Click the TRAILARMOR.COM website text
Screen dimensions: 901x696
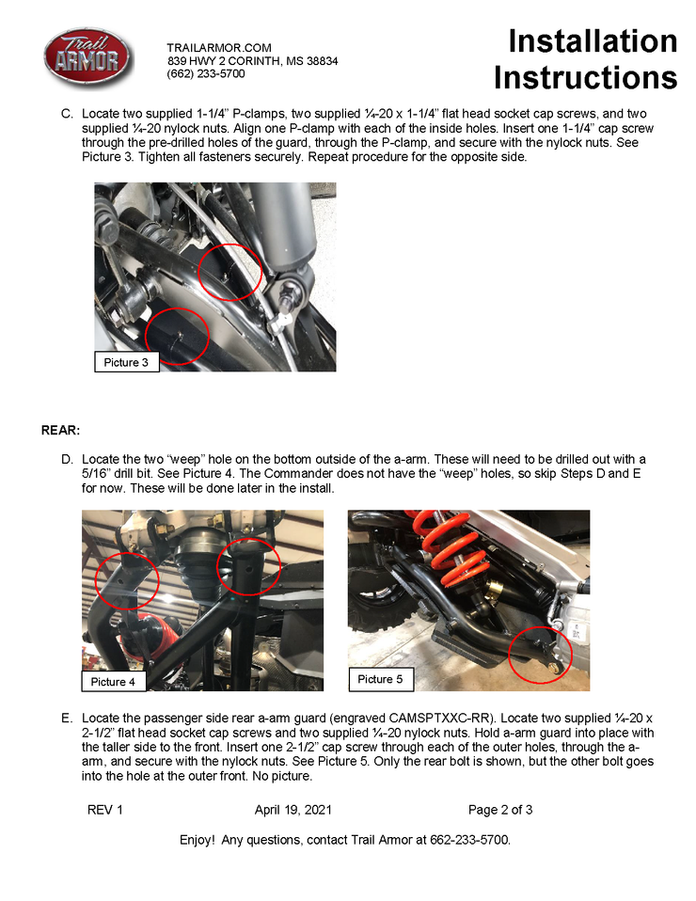[219, 48]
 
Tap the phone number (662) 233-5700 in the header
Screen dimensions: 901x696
[206, 73]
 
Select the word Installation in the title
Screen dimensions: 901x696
[592, 41]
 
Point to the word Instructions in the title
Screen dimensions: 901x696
[585, 77]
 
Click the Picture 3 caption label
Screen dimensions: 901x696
[127, 362]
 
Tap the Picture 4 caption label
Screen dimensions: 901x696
[114, 681]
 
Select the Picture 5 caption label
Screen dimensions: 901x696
[380, 678]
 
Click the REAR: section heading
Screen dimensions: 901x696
[60, 431]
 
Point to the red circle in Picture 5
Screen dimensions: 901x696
[539, 655]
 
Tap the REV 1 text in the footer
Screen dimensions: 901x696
[105, 810]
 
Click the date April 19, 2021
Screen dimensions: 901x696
[293, 810]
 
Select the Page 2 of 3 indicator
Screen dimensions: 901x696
[500, 810]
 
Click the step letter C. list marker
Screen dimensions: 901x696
[67, 114]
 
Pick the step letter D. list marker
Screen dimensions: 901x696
[67, 460]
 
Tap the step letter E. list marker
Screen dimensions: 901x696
[67, 719]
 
